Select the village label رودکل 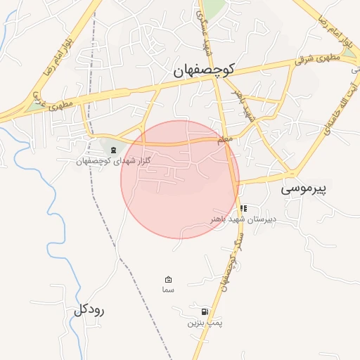(x=89, y=310)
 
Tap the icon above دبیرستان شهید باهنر (x=243, y=208)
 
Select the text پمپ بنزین (x=205, y=323)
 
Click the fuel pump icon (x=204, y=311)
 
